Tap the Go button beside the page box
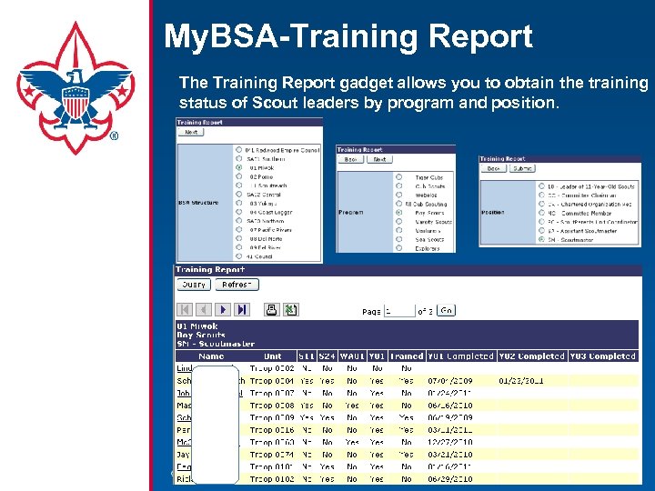tap(446, 310)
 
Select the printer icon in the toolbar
tap(271, 310)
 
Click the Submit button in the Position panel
tap(522, 168)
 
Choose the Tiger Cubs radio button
tap(398, 177)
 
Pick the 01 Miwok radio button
tap(239, 167)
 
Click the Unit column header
tap(272, 356)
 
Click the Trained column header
tap(406, 356)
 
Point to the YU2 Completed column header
tap(530, 356)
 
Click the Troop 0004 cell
tap(272, 381)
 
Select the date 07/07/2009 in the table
tap(449, 381)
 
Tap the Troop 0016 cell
tap(272, 429)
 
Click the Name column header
tap(210, 356)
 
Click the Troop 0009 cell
tap(272, 417)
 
